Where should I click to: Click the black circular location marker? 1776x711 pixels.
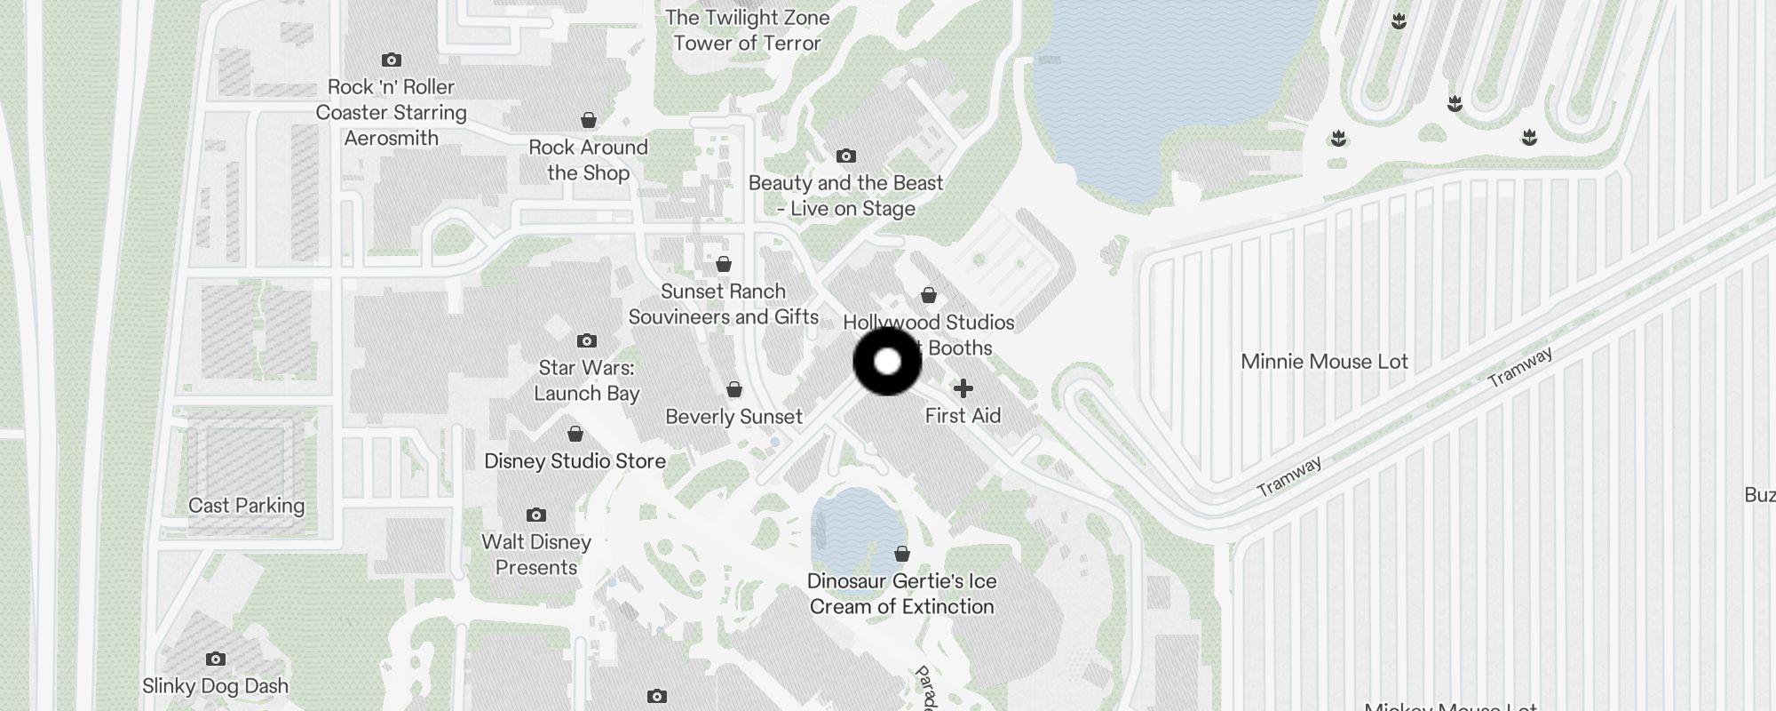coord(887,362)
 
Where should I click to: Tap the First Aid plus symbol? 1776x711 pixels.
coord(963,388)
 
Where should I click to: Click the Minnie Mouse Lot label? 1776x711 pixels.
coord(1324,362)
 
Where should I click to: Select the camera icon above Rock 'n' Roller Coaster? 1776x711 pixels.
coord(391,60)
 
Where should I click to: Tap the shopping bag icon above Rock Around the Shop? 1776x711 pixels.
coord(588,120)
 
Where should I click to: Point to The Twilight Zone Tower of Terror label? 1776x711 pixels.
coord(747,30)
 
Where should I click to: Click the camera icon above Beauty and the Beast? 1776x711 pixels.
coord(846,156)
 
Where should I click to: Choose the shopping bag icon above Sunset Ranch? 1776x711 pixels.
coord(724,264)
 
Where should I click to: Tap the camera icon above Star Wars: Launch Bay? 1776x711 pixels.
coord(586,340)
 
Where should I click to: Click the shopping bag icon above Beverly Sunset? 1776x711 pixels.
coord(734,389)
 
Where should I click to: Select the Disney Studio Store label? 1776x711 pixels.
coord(575,461)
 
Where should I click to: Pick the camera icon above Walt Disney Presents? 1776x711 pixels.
coord(535,515)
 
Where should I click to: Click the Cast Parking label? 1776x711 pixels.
coord(246,506)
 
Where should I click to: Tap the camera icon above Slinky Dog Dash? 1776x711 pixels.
coord(215,659)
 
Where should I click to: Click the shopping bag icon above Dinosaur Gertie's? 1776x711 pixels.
coord(902,554)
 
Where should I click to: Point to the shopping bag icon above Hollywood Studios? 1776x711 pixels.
coord(929,295)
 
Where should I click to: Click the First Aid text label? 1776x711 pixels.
coord(963,416)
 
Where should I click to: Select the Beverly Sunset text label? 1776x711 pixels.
coord(733,417)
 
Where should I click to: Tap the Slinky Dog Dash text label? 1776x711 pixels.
coord(215,686)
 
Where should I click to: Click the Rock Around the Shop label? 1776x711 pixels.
coord(588,160)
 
